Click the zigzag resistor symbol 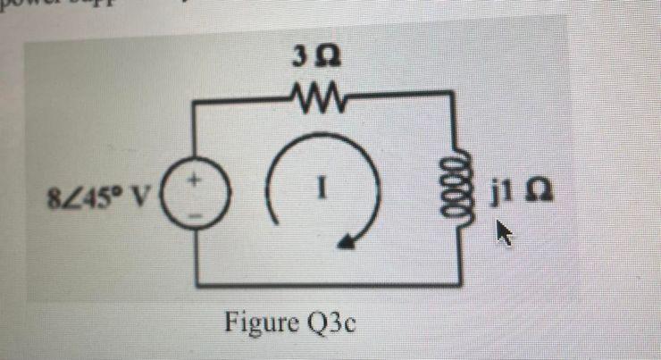pos(309,94)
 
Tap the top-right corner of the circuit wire pos(457,94)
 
